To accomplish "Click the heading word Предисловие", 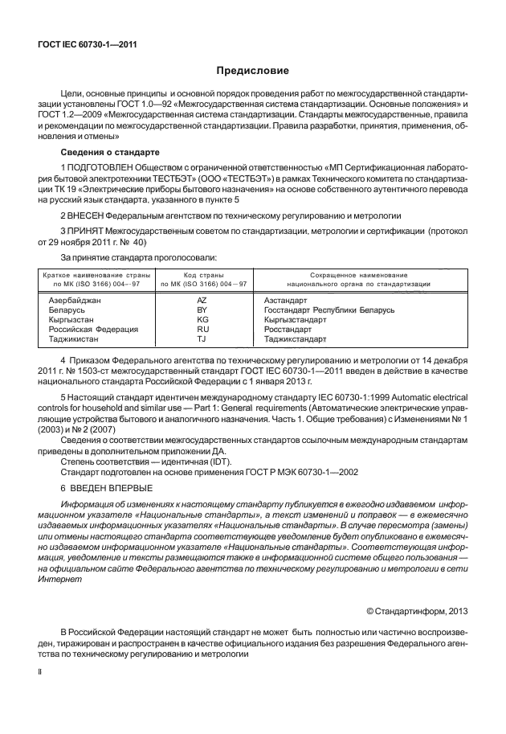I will click(x=252, y=71).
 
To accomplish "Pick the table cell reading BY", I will click(x=202, y=309).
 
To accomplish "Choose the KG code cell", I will click(x=202, y=319).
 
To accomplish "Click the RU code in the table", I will click(x=202, y=330).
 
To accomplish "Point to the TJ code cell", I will click(x=202, y=340).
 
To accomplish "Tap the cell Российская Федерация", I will click(x=94, y=330).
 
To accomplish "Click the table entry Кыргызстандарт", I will click(x=295, y=319).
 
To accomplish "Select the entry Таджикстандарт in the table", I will click(x=296, y=340).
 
